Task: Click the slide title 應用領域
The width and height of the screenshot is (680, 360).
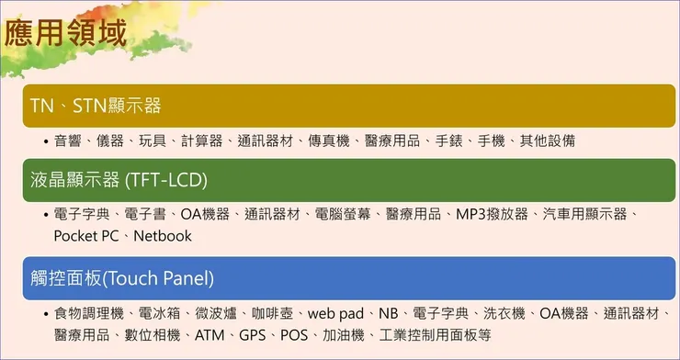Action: pos(65,34)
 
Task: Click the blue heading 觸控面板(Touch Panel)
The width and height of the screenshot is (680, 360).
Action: pos(122,277)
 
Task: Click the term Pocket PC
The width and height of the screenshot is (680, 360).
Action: pos(86,236)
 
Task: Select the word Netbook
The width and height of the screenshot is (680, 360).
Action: pos(163,236)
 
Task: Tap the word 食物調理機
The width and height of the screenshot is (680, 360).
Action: pos(88,314)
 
